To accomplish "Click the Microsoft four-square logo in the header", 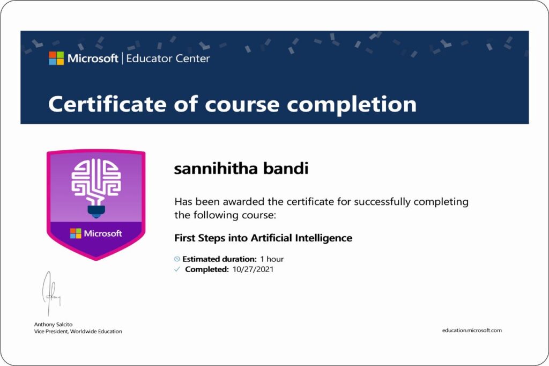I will click(x=56, y=58).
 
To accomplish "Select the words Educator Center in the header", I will click(x=168, y=58).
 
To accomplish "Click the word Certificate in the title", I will click(x=107, y=104).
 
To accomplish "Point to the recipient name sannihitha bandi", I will click(x=241, y=169).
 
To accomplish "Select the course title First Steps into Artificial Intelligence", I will click(x=263, y=237).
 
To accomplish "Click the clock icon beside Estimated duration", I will click(x=177, y=259).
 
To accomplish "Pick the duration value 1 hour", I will click(x=272, y=259).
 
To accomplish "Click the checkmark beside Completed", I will click(x=177, y=269).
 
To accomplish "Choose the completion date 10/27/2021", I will click(x=254, y=269).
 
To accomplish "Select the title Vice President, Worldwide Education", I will click(x=78, y=332).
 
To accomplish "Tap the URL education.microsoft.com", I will click(x=472, y=331).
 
